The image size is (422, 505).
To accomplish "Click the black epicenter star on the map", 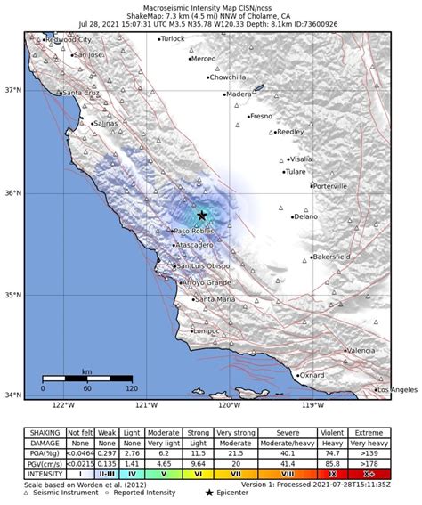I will [x=202, y=216].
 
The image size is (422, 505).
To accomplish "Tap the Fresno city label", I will [x=261, y=117].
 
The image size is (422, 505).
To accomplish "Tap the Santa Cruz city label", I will [x=81, y=93].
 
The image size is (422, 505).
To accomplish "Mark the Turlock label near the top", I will [x=172, y=39].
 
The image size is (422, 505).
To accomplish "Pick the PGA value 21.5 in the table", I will [x=235, y=453].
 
